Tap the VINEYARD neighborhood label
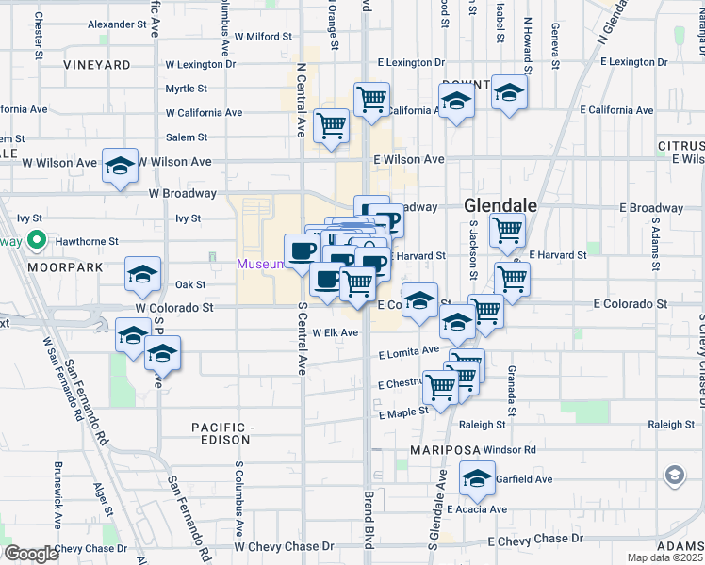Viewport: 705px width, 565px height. pos(98,65)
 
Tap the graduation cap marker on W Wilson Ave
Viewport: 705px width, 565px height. pos(121,168)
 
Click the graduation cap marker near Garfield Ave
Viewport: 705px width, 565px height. pos(478,480)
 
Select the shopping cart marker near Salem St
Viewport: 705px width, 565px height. pos(331,125)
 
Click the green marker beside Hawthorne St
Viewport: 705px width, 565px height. pos(37,240)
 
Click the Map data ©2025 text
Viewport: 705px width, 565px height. pos(665,557)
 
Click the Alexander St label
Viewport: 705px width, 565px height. pos(119,24)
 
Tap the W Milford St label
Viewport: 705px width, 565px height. pos(268,37)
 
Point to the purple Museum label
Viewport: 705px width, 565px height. pos(259,264)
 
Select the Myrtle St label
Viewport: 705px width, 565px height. pos(186,89)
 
